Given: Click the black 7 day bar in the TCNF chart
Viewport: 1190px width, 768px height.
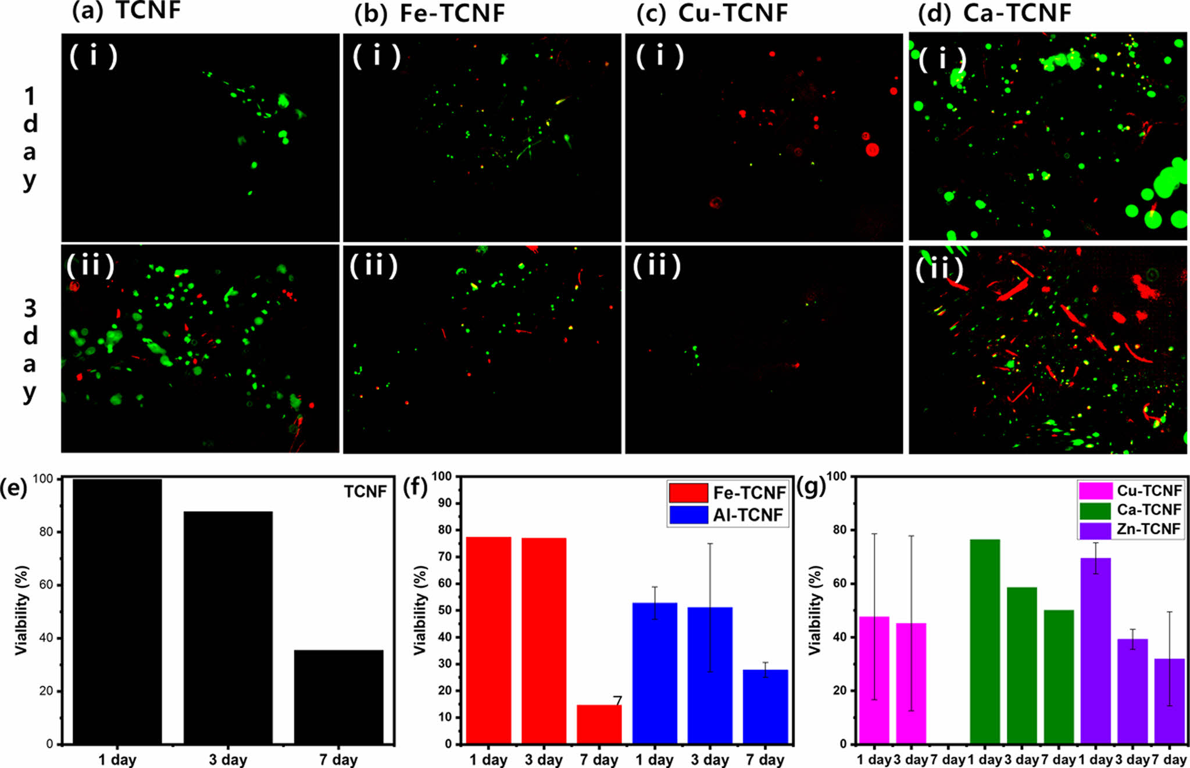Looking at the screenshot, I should (338, 697).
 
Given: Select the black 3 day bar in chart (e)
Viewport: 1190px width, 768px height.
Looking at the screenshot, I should (228, 627).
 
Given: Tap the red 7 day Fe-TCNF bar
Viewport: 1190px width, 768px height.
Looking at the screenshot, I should (599, 724).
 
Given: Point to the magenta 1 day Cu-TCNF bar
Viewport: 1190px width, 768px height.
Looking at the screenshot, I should (874, 680).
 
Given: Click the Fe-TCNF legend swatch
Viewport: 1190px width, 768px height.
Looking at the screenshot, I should (688, 493).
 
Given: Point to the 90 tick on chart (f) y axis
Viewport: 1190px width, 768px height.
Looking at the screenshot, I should (445, 503).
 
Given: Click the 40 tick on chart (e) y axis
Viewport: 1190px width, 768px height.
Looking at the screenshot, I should (46, 638).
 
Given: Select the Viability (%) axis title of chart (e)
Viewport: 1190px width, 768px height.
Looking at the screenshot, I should (22, 610).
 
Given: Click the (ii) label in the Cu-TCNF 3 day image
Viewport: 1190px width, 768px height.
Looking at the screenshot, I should (656, 266).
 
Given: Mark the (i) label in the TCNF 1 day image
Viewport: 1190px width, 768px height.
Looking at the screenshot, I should (93, 56).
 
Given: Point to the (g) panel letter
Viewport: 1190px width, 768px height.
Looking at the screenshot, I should (811, 487).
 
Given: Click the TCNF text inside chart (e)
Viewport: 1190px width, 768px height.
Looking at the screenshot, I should (365, 492).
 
